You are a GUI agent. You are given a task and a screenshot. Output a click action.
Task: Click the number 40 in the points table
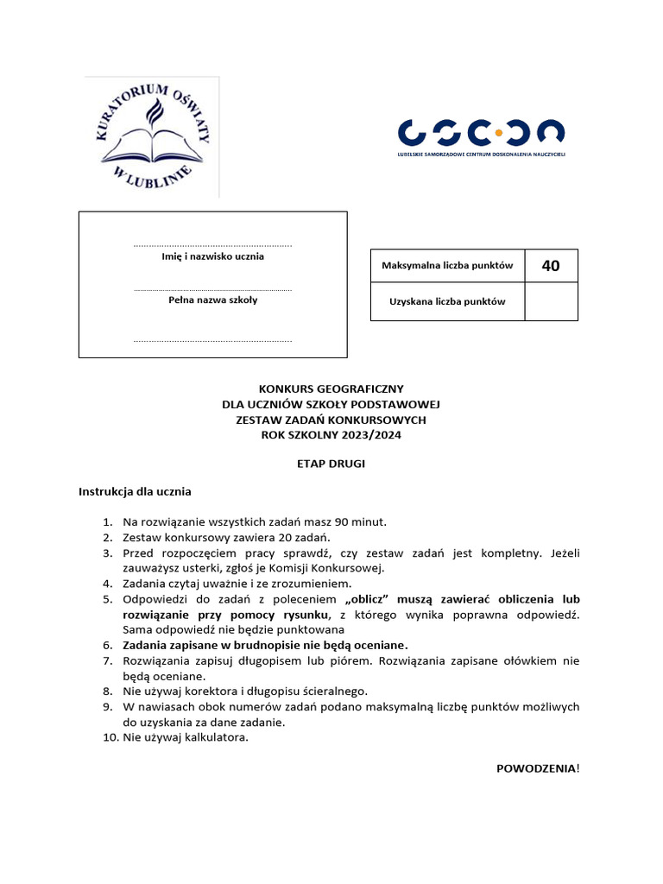[x=551, y=266]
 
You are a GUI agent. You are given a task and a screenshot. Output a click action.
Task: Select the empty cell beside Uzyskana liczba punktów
[x=551, y=302]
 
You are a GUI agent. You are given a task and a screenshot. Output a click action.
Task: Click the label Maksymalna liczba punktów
[x=447, y=266]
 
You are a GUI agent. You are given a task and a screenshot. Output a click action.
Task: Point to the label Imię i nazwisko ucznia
[x=212, y=256]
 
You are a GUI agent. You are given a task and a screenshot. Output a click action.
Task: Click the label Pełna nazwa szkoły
[x=212, y=300]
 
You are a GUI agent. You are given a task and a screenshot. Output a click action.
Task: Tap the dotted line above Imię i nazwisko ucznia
[x=212, y=246]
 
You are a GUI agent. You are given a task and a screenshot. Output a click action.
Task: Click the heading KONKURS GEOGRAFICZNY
[x=331, y=389]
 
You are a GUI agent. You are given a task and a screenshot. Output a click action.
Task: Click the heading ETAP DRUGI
[x=331, y=464]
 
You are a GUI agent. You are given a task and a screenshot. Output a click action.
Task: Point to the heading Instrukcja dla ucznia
[x=135, y=492]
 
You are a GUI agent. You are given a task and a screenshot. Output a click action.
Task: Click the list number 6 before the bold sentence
[x=108, y=645]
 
